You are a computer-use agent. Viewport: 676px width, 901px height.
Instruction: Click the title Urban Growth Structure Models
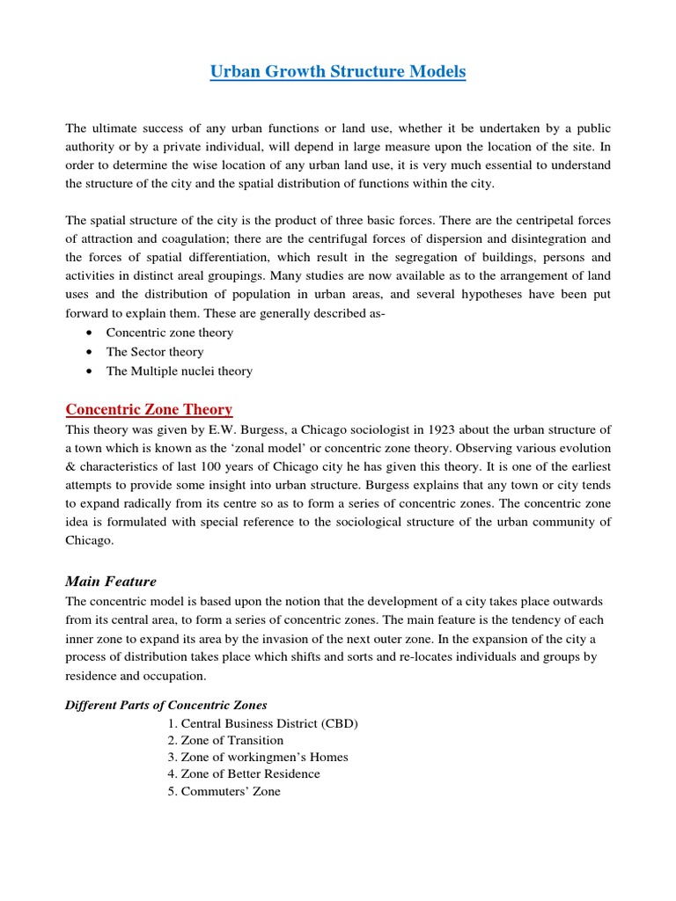point(338,71)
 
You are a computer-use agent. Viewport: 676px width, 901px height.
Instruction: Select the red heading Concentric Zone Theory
point(150,409)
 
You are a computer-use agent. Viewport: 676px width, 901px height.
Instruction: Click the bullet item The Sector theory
point(155,352)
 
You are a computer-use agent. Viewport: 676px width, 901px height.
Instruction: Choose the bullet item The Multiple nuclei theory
point(179,371)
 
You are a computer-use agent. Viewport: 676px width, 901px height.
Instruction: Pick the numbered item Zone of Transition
point(224,741)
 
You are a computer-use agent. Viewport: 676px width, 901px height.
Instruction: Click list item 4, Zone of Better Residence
point(243,774)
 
